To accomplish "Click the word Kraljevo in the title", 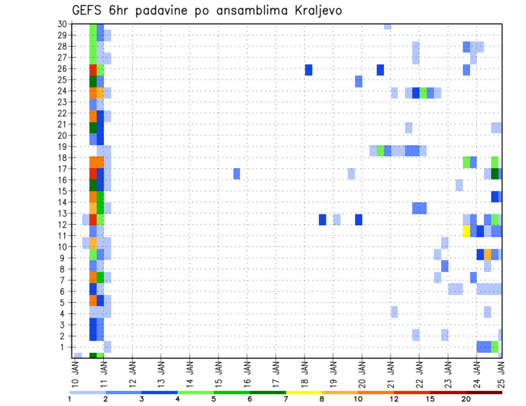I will coord(315,11).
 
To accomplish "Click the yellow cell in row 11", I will coord(466,231).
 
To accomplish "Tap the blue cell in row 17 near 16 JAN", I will coord(237,173).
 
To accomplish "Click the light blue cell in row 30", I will coord(387,26).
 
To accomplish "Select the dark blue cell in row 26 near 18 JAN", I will coord(308,70).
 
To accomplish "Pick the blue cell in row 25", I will coord(358,82).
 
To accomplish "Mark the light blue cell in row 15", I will coord(459,185).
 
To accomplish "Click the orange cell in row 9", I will coord(488,254).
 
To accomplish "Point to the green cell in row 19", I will coord(380,150).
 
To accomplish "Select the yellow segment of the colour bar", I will coord(304,392).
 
